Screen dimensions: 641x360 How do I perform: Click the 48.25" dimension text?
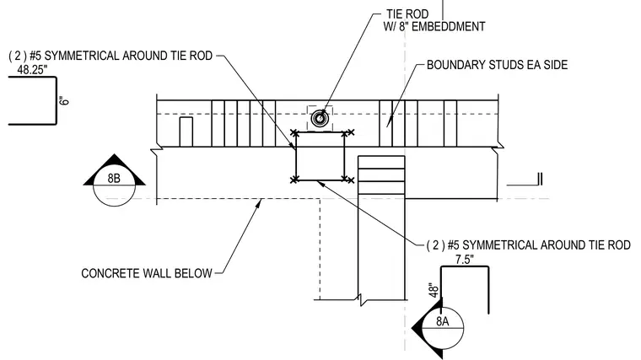point(32,70)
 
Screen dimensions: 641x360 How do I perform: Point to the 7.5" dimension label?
point(465,260)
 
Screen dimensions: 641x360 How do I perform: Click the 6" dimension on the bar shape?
point(64,100)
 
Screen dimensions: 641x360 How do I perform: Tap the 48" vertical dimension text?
point(434,290)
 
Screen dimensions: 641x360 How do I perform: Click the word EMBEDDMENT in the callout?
point(448,27)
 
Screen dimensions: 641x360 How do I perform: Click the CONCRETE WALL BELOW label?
point(147,273)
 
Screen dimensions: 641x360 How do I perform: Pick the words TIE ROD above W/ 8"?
point(407,14)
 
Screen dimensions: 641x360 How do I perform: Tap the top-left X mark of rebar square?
point(294,133)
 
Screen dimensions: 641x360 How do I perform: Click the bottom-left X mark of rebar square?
point(294,180)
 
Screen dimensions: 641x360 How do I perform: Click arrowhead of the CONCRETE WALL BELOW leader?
point(259,202)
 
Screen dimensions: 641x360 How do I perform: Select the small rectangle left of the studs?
point(186,132)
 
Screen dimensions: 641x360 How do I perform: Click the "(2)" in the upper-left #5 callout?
point(17,56)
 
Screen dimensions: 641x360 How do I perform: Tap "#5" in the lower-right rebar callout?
point(454,245)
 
